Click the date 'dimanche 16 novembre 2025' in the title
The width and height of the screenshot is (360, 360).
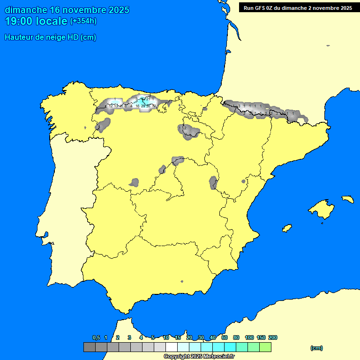[67, 10]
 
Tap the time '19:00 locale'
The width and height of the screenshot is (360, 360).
[36, 21]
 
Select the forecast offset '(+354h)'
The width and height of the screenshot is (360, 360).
[83, 21]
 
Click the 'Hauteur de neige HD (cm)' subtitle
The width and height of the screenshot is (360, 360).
[50, 37]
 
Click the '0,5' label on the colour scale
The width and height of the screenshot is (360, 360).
[96, 337]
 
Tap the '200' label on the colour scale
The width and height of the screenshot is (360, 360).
[272, 337]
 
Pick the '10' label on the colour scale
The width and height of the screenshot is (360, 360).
[166, 337]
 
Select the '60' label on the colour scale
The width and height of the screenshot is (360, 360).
[225, 337]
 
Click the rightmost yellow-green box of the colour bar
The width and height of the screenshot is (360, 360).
[265, 347]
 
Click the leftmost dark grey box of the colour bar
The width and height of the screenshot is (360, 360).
[89, 347]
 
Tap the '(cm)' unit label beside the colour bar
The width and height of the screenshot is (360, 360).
[316, 348]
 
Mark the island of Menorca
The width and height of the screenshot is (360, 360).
[347, 199]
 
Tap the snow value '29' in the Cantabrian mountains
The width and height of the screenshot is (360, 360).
[143, 106]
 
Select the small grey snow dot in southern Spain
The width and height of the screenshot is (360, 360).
[182, 281]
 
